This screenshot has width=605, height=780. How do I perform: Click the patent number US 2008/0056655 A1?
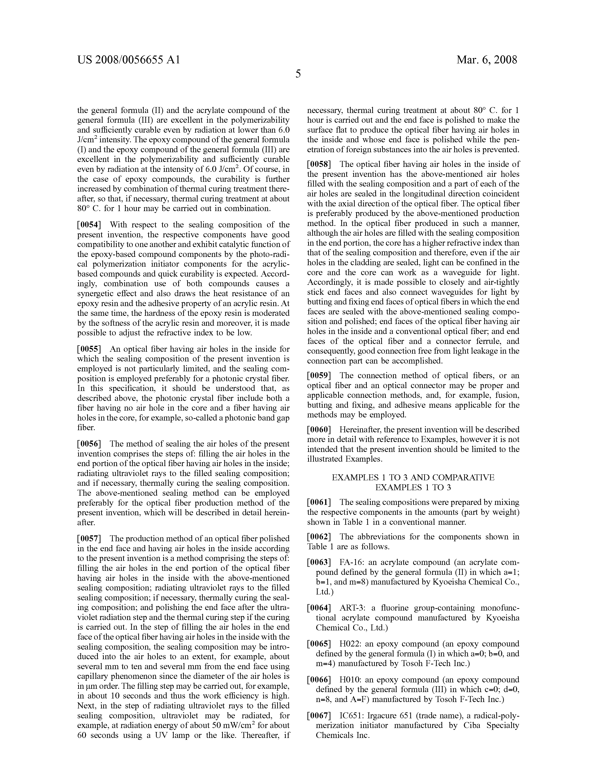(129, 60)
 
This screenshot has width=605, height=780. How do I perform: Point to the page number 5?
(298, 74)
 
